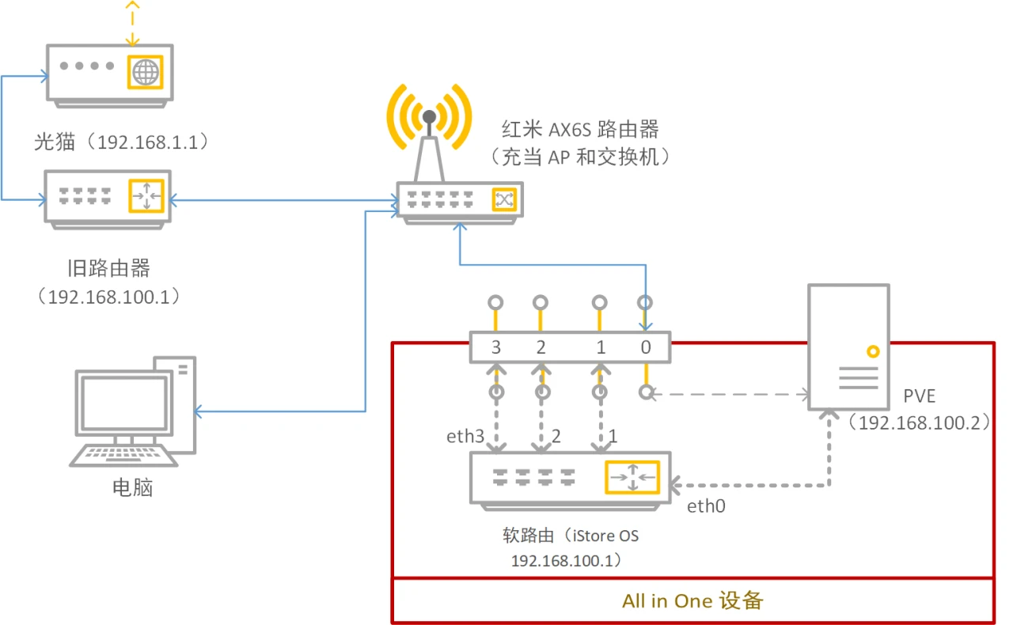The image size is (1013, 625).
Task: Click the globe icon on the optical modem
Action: click(145, 73)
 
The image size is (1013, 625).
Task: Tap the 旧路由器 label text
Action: click(109, 269)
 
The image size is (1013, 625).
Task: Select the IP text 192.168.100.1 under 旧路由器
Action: click(109, 297)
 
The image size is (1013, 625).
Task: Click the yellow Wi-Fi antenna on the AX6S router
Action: click(429, 119)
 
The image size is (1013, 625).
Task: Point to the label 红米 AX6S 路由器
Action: click(580, 128)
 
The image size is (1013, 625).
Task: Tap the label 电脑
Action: click(132, 487)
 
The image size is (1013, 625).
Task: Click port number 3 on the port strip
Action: click(495, 347)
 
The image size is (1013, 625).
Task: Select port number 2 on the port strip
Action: click(541, 347)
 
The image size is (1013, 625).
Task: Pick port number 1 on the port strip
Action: click(601, 347)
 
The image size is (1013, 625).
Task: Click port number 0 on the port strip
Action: click(646, 347)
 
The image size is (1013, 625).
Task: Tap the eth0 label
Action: click(706, 506)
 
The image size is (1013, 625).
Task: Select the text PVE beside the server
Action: click(919, 396)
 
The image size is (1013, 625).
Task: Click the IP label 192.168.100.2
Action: click(919, 422)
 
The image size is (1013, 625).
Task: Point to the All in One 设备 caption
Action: click(692, 600)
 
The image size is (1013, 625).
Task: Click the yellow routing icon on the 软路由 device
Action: click(632, 477)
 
